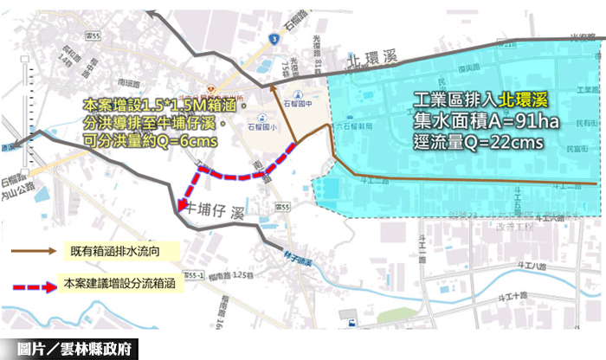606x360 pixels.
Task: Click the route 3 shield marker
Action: [273, 38]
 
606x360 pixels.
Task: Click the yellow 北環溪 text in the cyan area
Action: [525, 99]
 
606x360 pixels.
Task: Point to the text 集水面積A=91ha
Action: [485, 120]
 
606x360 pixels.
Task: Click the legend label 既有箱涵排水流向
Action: [118, 252]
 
